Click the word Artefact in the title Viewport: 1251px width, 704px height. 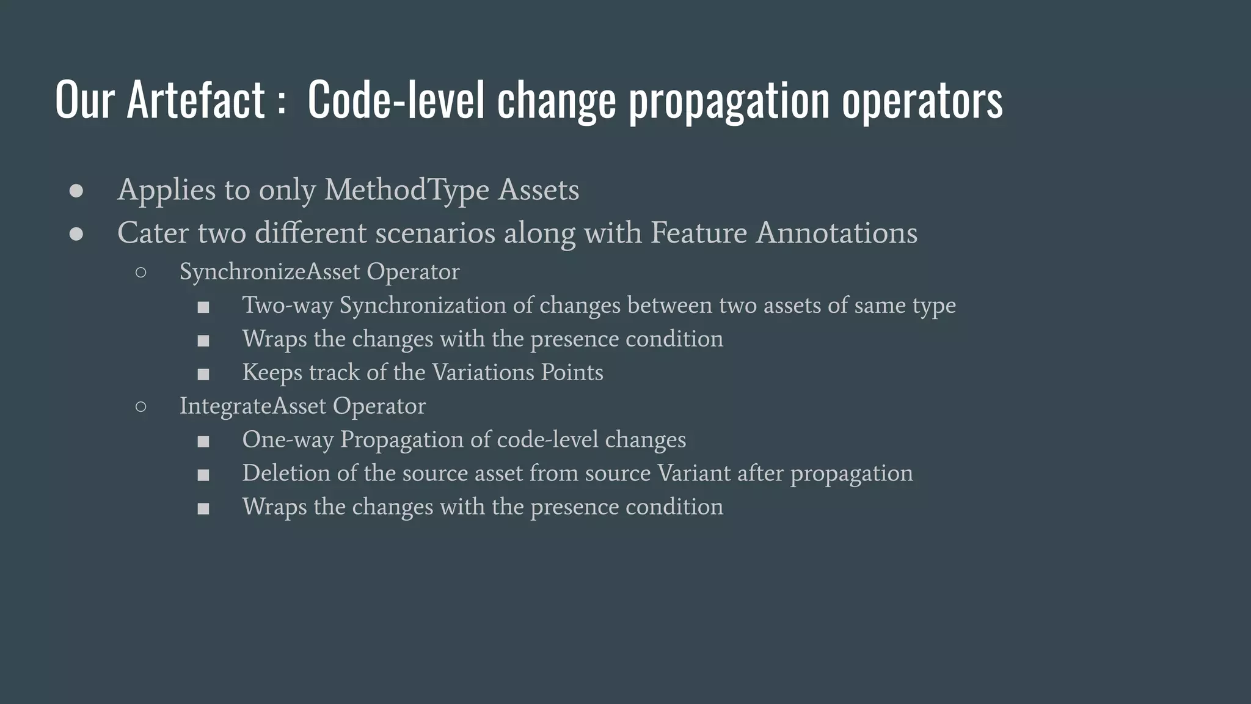pos(195,99)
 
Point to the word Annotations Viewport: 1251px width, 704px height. pos(836,233)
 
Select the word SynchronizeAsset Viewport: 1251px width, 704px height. pos(269,272)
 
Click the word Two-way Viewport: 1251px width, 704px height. pos(287,306)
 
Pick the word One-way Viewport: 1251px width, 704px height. pos(288,440)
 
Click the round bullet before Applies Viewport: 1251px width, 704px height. pos(76,191)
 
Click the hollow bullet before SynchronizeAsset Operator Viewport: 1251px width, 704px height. pos(140,273)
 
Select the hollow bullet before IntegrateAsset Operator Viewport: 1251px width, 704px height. pos(140,407)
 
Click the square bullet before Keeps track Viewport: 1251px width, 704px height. pos(203,374)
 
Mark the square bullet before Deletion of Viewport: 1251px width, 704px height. pos(203,475)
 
